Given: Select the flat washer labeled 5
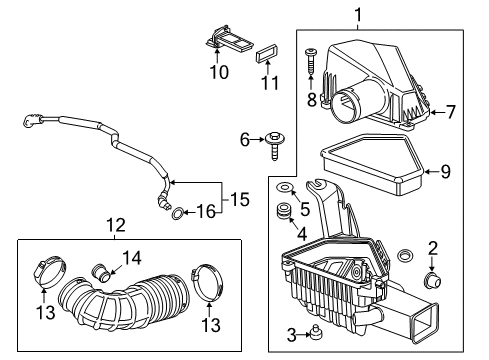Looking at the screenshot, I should (285, 192).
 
